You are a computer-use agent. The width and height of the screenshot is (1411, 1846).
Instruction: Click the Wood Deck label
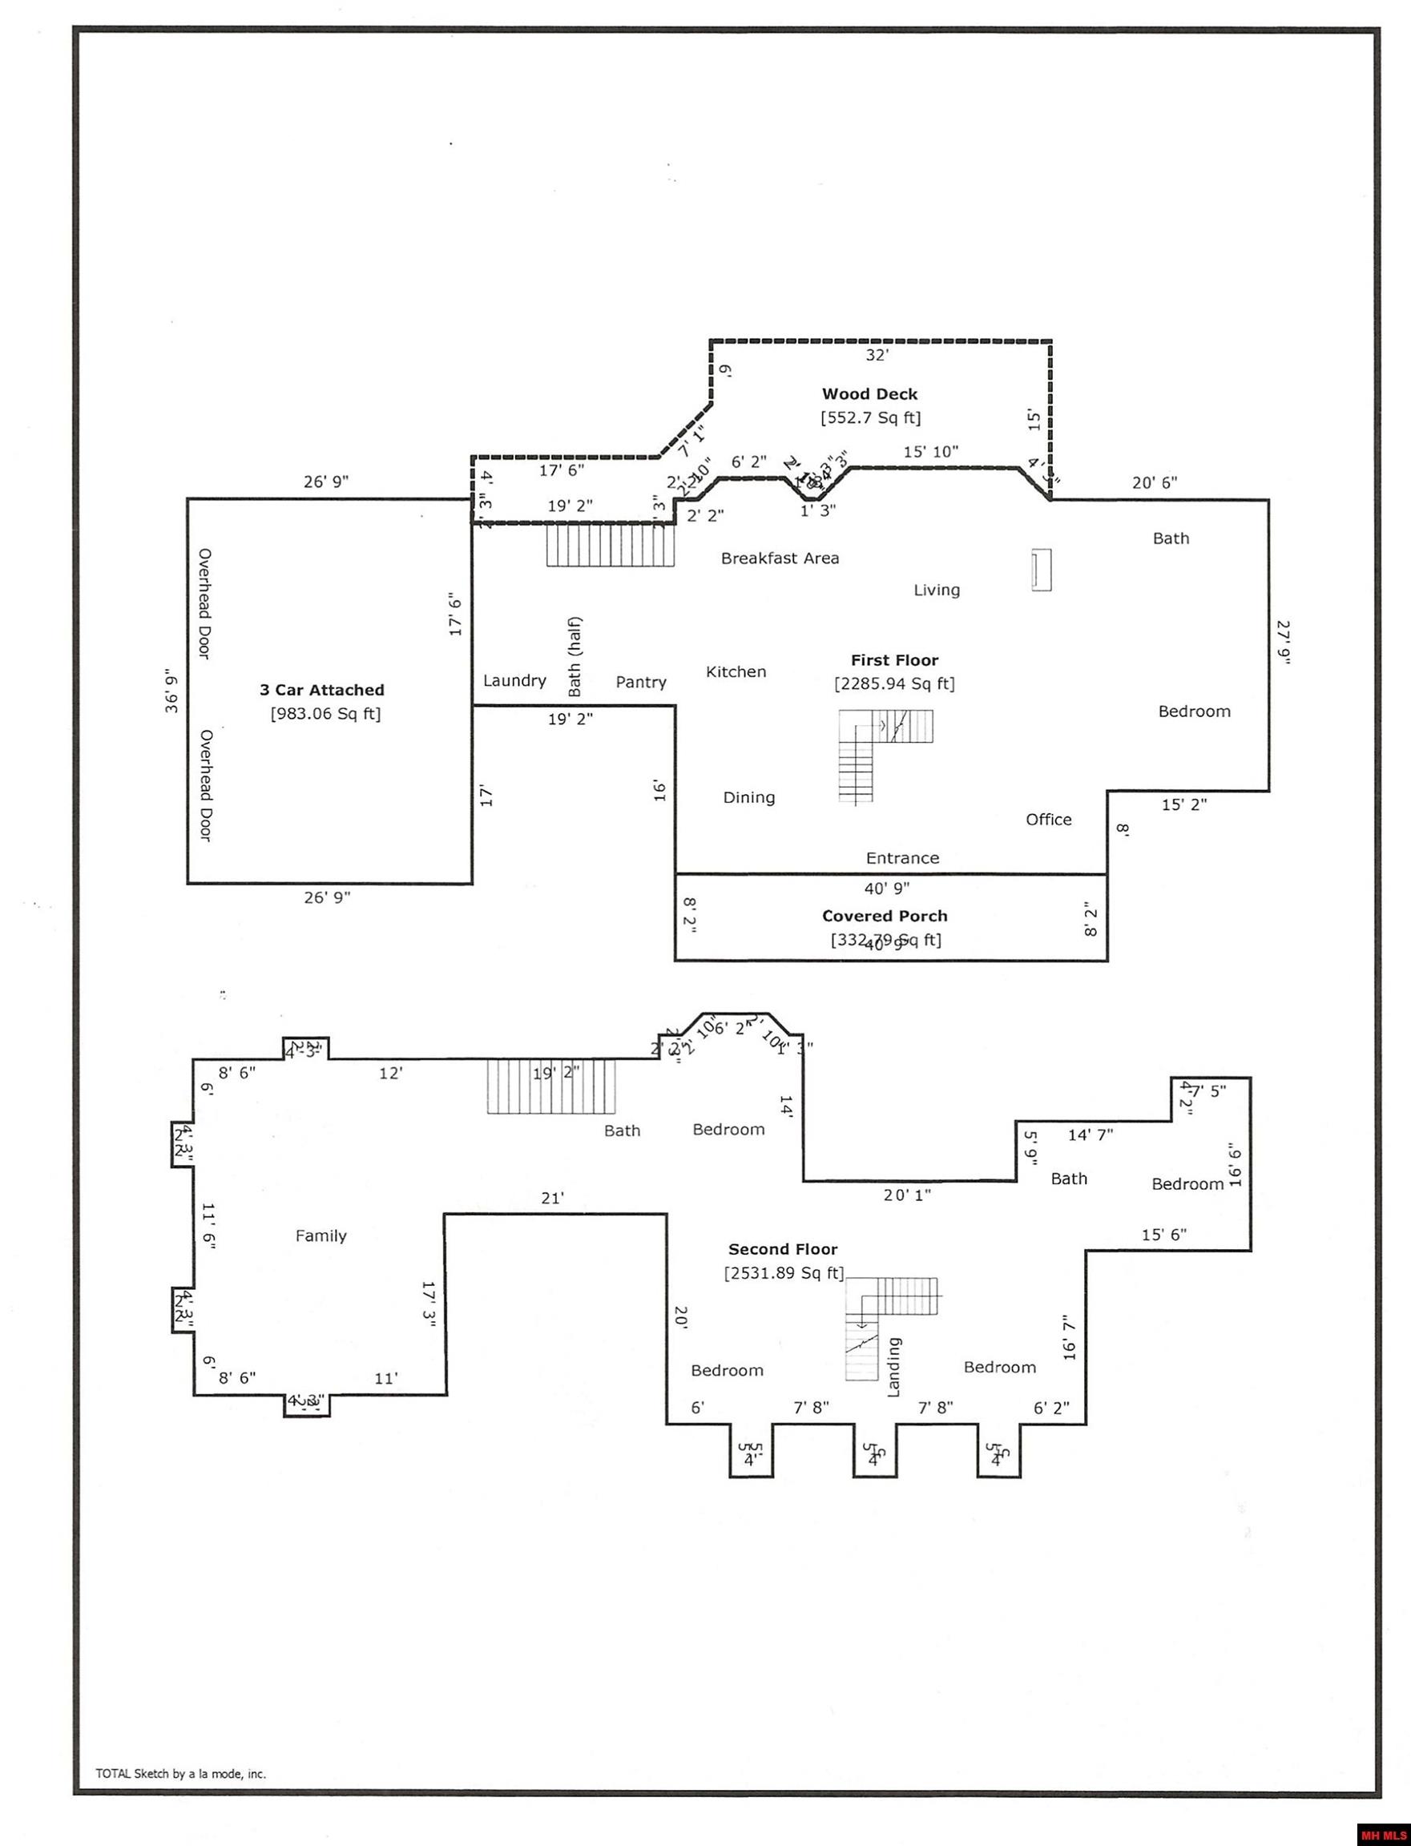[x=869, y=394]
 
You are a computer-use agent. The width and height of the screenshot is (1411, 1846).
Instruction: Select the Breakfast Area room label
[x=780, y=558]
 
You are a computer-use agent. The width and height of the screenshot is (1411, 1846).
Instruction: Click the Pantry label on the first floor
[x=641, y=682]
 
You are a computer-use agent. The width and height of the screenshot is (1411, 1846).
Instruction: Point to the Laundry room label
[x=514, y=680]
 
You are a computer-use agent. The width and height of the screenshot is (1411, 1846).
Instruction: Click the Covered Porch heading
[x=885, y=917]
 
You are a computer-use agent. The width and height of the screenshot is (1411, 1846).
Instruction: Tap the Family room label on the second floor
[x=320, y=1235]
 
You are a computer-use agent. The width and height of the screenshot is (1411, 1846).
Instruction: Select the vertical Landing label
[x=893, y=1368]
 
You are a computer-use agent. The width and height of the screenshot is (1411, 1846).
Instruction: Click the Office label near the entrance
[x=1048, y=820]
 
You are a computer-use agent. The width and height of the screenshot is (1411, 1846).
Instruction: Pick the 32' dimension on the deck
[x=877, y=355]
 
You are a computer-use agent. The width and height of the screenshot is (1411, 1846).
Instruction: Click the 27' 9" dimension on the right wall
[x=1283, y=643]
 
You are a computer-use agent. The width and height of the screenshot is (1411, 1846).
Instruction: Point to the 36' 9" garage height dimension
[x=172, y=691]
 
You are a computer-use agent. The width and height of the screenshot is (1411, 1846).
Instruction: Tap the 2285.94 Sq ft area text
[x=894, y=683]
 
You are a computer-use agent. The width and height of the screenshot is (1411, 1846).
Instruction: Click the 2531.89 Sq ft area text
[x=784, y=1273]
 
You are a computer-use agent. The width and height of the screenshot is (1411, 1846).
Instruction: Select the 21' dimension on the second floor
[x=552, y=1199]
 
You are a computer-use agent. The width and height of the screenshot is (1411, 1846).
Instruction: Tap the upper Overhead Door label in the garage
[x=204, y=604]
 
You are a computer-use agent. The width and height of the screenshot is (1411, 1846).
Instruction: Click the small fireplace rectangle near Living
[x=1042, y=570]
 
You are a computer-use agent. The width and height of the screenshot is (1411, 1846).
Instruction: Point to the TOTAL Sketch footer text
[x=180, y=1774]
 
